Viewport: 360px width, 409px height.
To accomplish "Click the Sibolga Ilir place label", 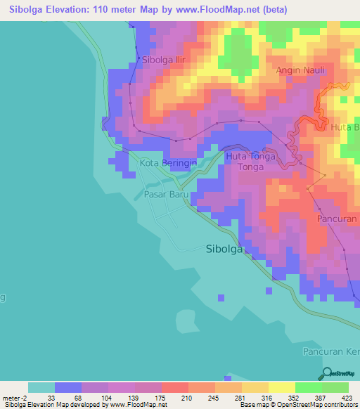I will pyautogui.click(x=169, y=60).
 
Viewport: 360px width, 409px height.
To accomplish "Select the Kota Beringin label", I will pyautogui.click(x=168, y=163).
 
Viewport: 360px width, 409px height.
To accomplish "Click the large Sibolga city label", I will pyautogui.click(x=225, y=248).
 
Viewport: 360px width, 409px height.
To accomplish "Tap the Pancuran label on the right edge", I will pyautogui.click(x=338, y=219).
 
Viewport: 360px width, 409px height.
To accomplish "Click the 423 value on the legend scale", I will pyautogui.click(x=348, y=398).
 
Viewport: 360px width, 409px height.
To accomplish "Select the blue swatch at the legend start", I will pyautogui.click(x=68, y=387).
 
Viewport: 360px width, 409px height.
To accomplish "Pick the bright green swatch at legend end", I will pyautogui.click(x=335, y=387).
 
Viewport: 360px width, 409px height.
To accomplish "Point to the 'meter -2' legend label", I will pyautogui.click(x=15, y=398).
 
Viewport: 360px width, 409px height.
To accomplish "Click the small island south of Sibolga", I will pyautogui.click(x=184, y=320).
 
